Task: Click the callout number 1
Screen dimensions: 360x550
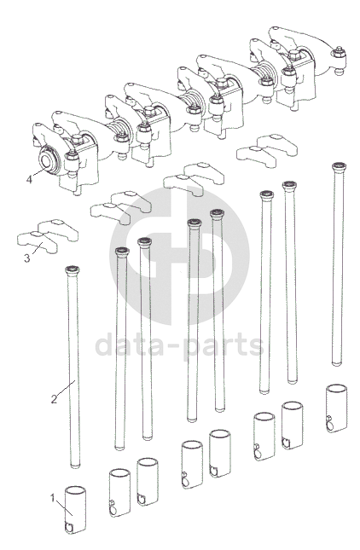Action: tap(52, 498)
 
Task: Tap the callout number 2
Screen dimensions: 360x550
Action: tap(54, 399)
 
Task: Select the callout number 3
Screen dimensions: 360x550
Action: tap(27, 259)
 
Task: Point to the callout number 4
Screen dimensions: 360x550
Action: tap(29, 180)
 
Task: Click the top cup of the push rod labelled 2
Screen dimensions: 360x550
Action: tap(73, 269)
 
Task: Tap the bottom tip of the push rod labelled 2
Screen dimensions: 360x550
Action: tap(75, 466)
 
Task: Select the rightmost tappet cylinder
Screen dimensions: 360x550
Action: tap(336, 408)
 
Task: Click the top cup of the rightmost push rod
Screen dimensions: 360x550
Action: tap(339, 166)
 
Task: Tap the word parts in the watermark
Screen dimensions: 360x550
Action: tap(224, 346)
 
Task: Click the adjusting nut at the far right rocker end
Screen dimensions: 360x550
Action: tap(338, 54)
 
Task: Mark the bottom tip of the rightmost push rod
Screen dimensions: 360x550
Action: tap(337, 364)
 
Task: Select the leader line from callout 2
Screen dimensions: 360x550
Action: tap(66, 389)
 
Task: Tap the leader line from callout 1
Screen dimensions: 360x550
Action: tap(64, 507)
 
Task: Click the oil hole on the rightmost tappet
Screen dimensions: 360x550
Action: tap(330, 426)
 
